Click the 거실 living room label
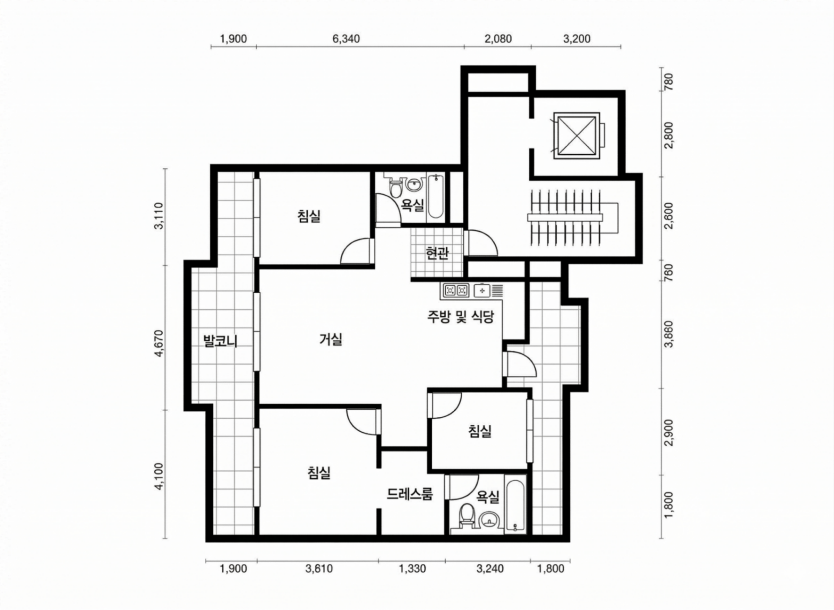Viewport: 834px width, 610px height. [x=331, y=339]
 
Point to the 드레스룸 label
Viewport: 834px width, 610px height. [x=410, y=494]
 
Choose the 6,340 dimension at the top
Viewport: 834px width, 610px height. [x=346, y=39]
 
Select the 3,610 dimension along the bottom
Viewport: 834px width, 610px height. [x=319, y=569]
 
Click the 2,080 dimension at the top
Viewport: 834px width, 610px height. [x=498, y=39]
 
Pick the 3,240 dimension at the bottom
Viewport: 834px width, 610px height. [x=490, y=569]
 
